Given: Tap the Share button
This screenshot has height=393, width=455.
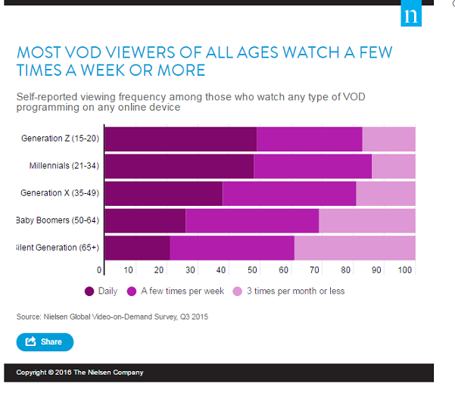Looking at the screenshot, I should coord(45,342).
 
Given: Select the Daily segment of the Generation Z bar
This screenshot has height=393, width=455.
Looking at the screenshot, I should coord(180,139).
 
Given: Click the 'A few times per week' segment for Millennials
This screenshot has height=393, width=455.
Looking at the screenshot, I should coord(312,166).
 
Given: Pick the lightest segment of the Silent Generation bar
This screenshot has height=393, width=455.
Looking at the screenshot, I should coord(354,248).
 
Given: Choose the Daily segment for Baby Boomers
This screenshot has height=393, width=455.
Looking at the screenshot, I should coord(145,220).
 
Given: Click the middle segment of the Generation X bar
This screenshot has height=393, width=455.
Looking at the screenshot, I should coord(289,193).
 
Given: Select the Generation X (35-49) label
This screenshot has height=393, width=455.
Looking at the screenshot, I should coord(60,193).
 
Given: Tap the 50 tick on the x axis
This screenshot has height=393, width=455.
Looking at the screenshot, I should coord(252,270).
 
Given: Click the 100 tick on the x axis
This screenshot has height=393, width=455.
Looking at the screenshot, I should coord(406,270).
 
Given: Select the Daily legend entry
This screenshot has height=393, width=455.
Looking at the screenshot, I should coord(100,291).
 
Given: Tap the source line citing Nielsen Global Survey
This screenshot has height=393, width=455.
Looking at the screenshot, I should coord(111,317).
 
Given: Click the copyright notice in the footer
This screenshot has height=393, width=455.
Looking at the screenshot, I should coord(79,373).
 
